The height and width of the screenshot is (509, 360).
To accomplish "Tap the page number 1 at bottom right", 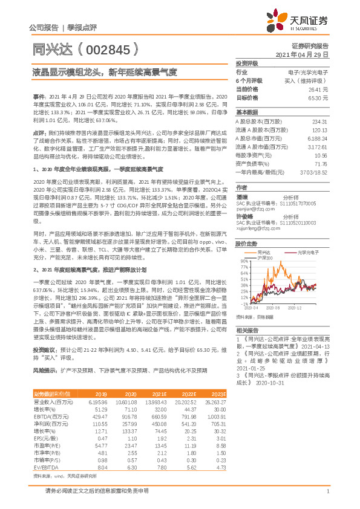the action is point(327,491).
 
